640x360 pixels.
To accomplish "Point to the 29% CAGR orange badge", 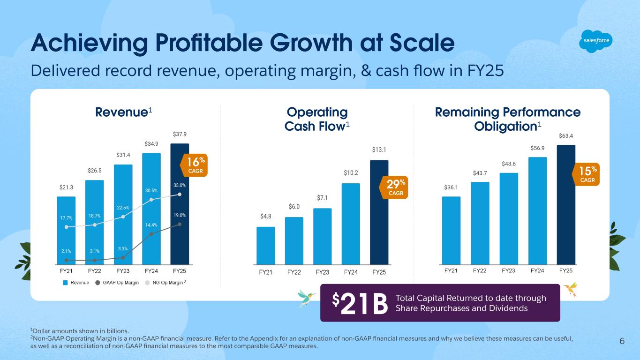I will [393, 187].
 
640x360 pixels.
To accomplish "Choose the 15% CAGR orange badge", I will [587, 174].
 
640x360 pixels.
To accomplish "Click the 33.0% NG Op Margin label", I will [180, 185].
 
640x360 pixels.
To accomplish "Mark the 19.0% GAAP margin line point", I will [180, 224].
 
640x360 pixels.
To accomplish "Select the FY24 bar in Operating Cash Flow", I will [351, 224].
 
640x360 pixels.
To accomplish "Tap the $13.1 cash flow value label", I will [379, 150].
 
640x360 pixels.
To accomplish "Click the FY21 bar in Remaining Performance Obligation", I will [451, 230].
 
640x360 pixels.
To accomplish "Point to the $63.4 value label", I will [566, 136].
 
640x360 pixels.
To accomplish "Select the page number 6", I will [622, 341].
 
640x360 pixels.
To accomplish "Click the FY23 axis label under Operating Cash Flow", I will [322, 272].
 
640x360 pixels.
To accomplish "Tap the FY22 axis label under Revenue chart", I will [94, 271].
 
